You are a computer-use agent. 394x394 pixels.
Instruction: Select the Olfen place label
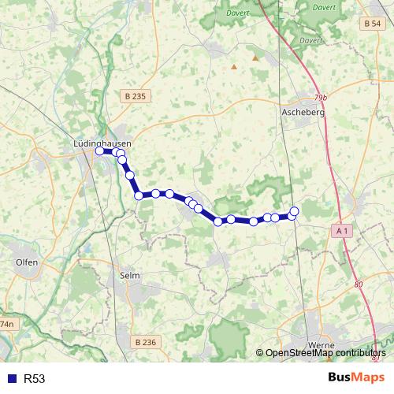coord(27,262)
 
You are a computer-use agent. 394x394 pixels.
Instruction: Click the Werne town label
coord(322,346)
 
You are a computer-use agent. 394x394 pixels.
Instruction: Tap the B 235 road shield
coord(136,96)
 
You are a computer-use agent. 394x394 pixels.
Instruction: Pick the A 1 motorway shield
coord(341,230)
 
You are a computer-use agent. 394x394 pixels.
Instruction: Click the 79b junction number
coord(319,98)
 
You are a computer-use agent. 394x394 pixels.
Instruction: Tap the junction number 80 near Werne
coord(359,284)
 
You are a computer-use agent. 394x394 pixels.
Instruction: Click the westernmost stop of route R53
coord(100,151)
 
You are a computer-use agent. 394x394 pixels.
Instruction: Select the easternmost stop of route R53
coord(295,210)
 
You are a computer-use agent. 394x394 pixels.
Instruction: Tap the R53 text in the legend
coord(34,379)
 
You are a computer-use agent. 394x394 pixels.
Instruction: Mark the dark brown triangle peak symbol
coord(255,58)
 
